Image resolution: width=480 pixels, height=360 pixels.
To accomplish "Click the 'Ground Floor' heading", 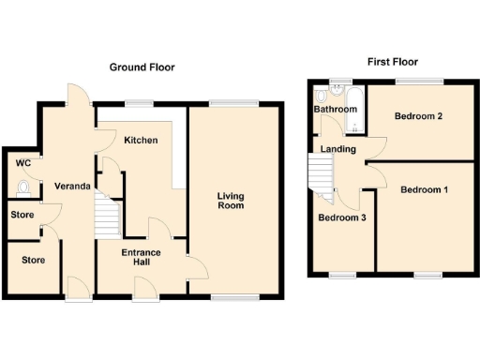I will (x=142, y=67).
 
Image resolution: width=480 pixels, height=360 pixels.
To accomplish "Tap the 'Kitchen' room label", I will (x=141, y=140).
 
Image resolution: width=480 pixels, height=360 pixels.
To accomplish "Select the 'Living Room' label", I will (x=231, y=201).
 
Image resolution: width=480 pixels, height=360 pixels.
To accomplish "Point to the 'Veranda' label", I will (x=70, y=187).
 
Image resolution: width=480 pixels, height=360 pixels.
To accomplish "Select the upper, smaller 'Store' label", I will (x=22, y=215).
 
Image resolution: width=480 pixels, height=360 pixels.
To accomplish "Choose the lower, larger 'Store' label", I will (x=33, y=260).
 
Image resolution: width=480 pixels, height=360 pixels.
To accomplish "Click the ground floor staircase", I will (x=107, y=218).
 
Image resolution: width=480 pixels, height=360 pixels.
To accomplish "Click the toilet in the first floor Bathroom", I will (x=321, y=95).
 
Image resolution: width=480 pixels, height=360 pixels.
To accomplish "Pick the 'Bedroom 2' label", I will (x=418, y=117).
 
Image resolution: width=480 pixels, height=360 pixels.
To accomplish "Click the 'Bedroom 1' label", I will (x=424, y=190).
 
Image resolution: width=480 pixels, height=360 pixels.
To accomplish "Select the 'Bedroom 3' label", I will (x=341, y=217).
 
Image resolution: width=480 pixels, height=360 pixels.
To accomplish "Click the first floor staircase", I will (x=322, y=175).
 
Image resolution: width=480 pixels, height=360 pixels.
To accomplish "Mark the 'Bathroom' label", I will (x=336, y=110).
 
